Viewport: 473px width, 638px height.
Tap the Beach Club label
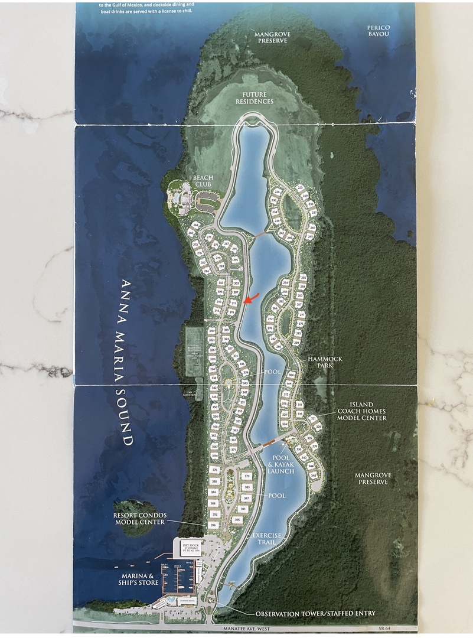click(203, 180)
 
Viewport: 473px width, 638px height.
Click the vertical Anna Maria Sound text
click(125, 361)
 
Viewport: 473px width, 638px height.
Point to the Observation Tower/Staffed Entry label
click(315, 613)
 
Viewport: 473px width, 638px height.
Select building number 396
click(213, 525)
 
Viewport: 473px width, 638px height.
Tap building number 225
click(300, 187)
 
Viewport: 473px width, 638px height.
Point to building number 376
click(214, 470)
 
